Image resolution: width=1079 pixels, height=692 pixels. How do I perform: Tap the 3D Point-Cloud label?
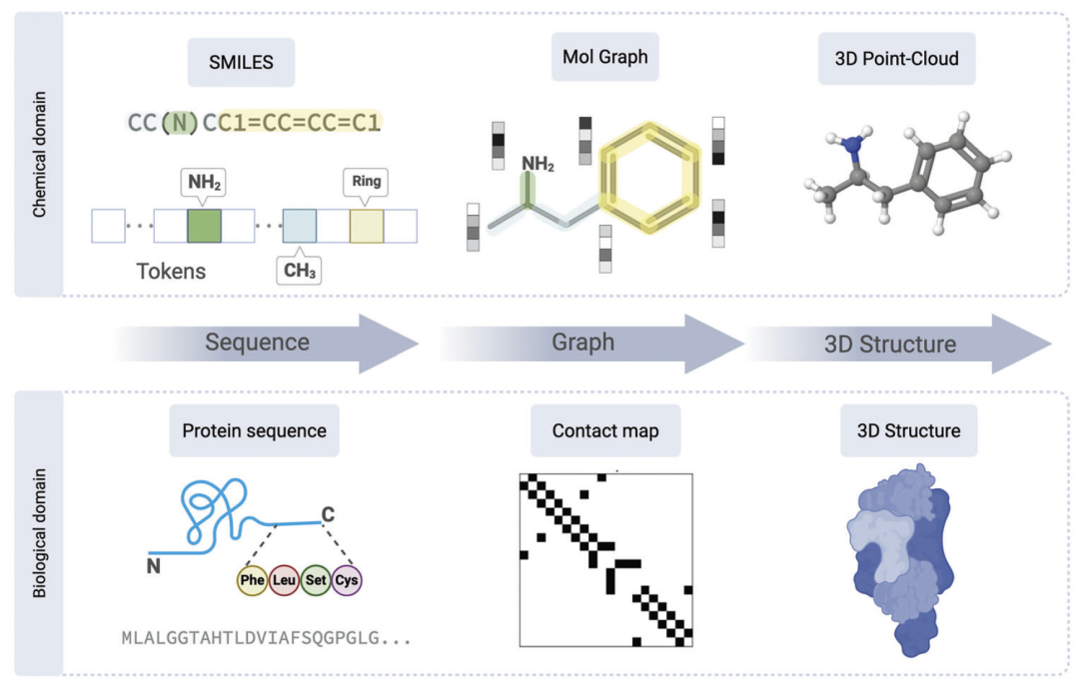click(896, 59)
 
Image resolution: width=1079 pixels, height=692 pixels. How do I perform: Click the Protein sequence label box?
click(254, 431)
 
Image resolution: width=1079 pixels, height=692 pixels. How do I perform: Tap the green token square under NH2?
click(203, 226)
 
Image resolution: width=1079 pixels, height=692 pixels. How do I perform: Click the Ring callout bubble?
click(365, 183)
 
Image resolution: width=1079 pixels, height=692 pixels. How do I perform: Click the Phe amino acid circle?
click(252, 579)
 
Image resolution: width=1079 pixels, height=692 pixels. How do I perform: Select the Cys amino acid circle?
click(346, 579)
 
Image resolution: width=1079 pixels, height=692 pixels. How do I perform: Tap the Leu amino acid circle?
click(284, 579)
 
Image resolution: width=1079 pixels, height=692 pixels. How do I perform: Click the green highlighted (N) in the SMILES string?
click(179, 122)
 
